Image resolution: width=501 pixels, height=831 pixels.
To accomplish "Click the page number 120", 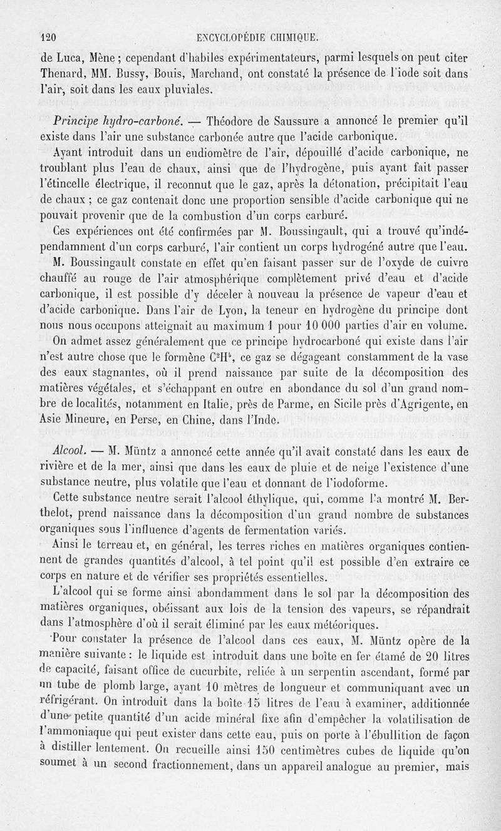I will [49, 36].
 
